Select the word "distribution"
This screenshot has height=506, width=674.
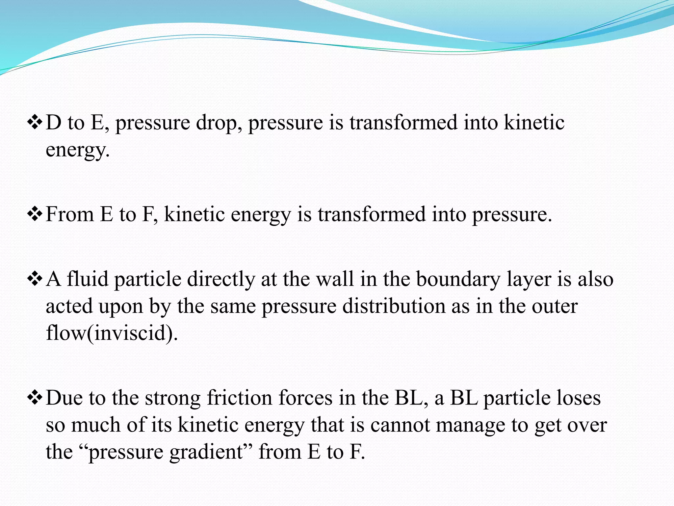[x=393, y=306]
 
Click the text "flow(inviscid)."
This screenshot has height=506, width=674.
[x=112, y=333]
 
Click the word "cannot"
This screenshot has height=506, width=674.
[x=400, y=425]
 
